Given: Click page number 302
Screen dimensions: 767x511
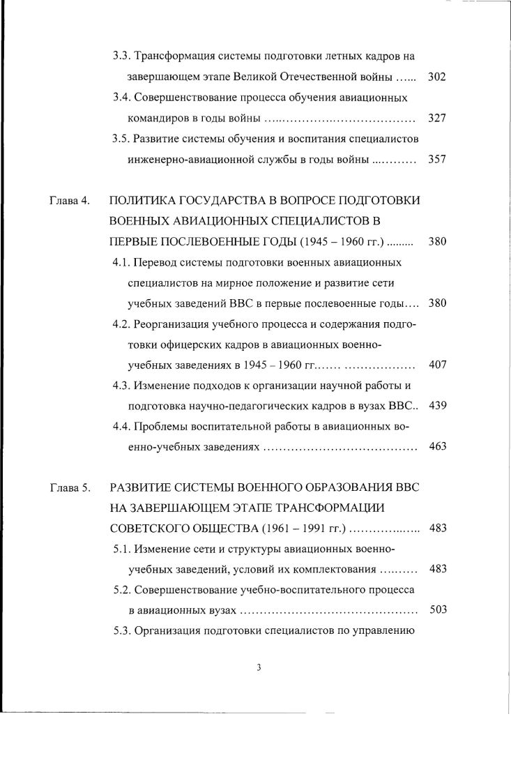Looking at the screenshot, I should tap(437, 76).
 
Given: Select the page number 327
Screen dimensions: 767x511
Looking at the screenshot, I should tap(437, 118).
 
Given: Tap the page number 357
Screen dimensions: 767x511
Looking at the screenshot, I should tap(437, 160).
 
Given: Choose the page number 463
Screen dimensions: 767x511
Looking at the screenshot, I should tap(437, 447).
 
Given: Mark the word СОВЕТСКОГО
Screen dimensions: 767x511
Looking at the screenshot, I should tap(150, 528).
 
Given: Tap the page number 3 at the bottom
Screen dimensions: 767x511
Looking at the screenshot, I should tap(258, 668).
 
